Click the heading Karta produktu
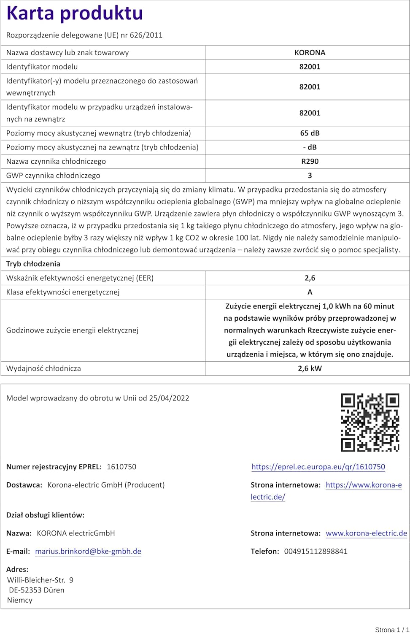[75, 14]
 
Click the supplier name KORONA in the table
[310, 53]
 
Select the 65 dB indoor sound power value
[310, 133]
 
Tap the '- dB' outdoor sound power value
[310, 147]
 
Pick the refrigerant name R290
[310, 161]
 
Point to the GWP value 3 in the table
[310, 176]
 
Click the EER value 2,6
[310, 278]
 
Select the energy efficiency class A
[310, 292]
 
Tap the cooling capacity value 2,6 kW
[310, 368]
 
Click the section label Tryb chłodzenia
[33, 264]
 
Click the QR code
[370, 422]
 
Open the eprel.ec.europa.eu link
[318, 467]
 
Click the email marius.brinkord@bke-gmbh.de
[88, 551]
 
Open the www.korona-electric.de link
[366, 533]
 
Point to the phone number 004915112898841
[316, 551]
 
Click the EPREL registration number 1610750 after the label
[121, 467]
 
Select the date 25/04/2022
[169, 398]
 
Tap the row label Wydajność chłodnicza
[43, 368]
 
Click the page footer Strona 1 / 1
[392, 630]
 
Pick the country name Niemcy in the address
[20, 600]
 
